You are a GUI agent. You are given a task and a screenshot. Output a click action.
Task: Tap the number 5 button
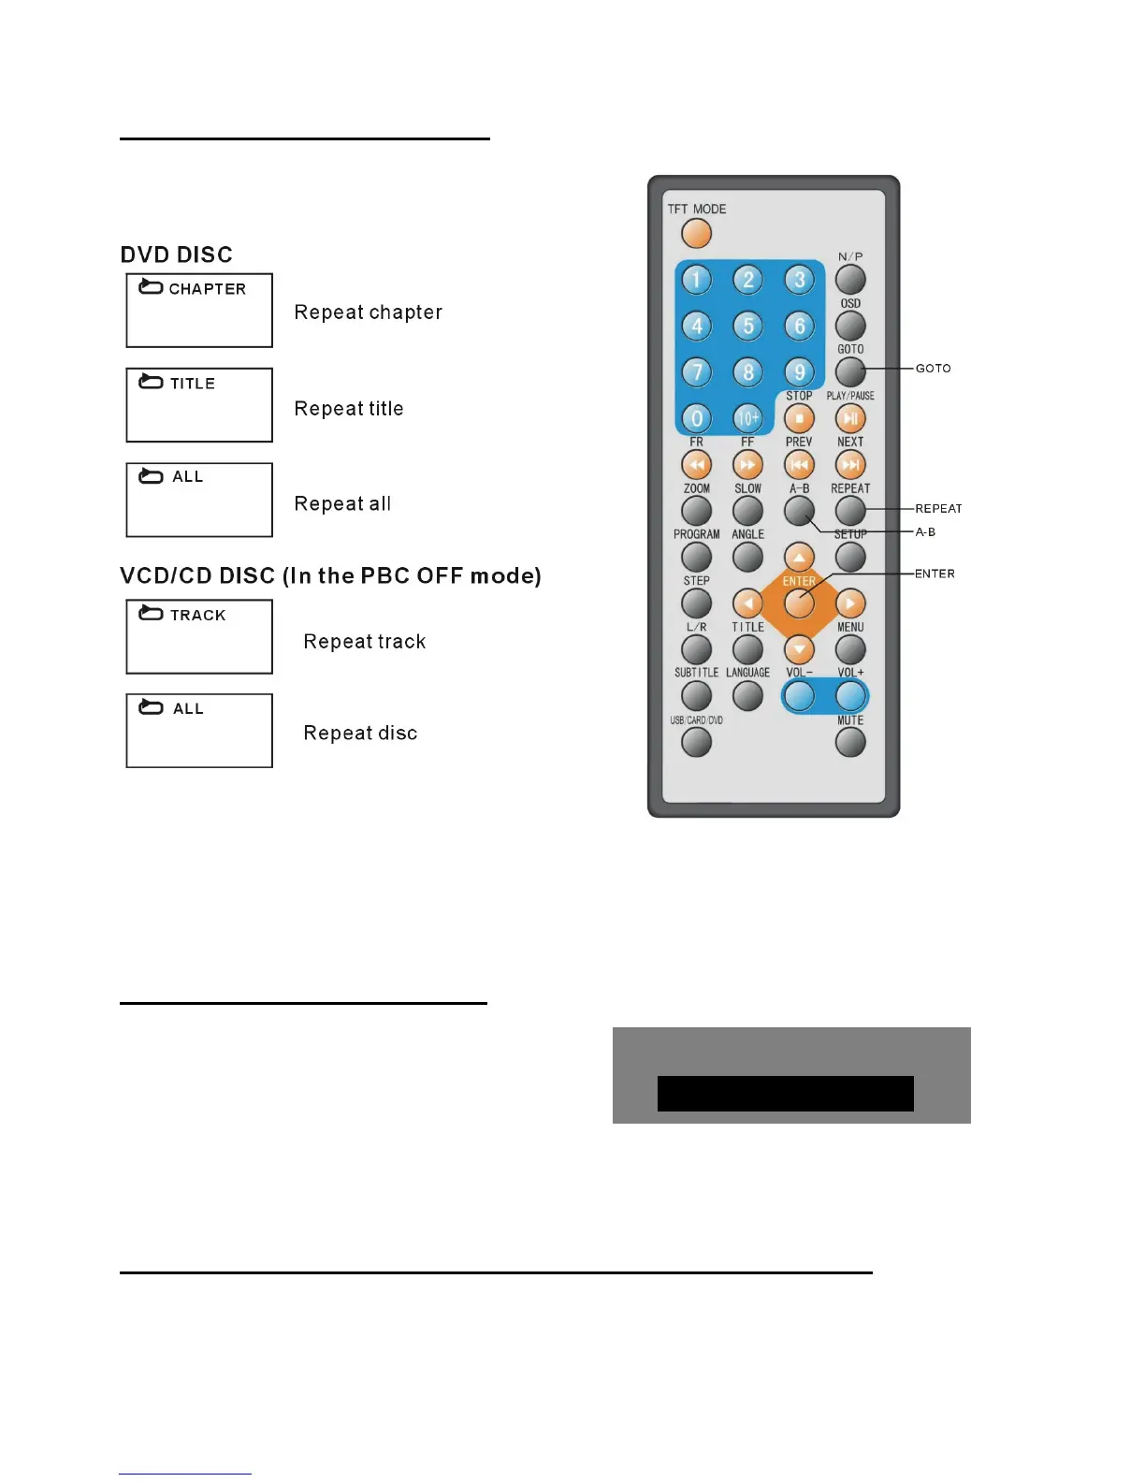coord(747,326)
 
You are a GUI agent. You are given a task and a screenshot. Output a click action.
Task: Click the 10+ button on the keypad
coord(747,418)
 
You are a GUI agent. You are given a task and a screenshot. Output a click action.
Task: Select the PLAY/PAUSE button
coord(850,418)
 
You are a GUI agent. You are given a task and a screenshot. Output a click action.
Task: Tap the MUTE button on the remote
coord(850,742)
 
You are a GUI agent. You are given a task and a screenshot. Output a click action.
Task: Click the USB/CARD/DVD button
coord(696,742)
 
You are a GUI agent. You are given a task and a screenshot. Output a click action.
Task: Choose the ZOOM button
coord(696,511)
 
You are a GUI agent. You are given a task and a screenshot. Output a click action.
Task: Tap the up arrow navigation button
coord(799,557)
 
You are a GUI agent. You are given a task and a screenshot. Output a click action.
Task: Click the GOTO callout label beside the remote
coord(933,369)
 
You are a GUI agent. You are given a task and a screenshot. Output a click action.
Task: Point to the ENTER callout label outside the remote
coord(935,574)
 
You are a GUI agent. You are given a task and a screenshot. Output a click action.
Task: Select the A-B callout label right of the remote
coord(925,531)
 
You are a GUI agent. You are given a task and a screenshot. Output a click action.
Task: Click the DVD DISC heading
coord(177,254)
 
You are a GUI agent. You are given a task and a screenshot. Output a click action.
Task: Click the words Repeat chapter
coord(368,312)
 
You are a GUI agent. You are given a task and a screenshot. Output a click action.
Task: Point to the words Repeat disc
coord(360,734)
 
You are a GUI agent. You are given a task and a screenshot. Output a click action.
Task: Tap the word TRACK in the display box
coord(198,615)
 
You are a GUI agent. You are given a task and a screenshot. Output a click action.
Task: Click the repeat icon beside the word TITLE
coord(151,382)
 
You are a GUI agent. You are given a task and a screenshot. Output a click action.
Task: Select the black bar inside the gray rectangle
coord(785,1093)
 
